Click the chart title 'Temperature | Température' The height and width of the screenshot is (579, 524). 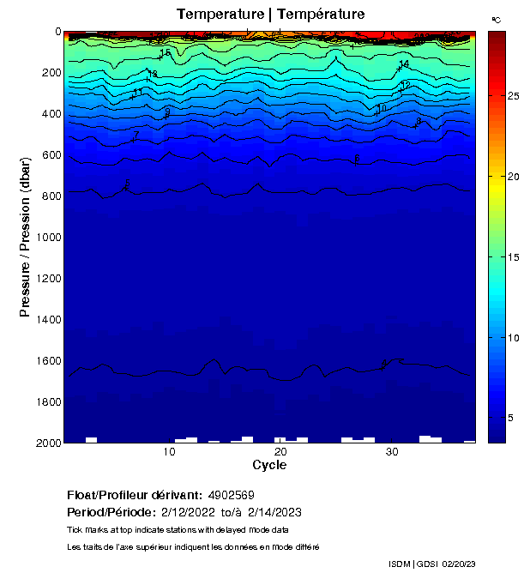[x=270, y=14]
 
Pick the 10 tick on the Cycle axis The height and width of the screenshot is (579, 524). [x=169, y=452]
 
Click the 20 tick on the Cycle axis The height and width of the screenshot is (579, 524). [x=280, y=452]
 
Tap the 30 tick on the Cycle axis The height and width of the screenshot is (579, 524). [x=392, y=452]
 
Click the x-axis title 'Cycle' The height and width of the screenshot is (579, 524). [x=269, y=465]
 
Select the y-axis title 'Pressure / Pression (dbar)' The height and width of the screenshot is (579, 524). [x=25, y=238]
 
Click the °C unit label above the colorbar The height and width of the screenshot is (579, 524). [x=496, y=19]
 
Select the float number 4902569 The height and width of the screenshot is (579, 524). [x=232, y=496]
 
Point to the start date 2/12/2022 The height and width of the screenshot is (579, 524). [x=190, y=512]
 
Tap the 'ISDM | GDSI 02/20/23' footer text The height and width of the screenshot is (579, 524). [x=431, y=564]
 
